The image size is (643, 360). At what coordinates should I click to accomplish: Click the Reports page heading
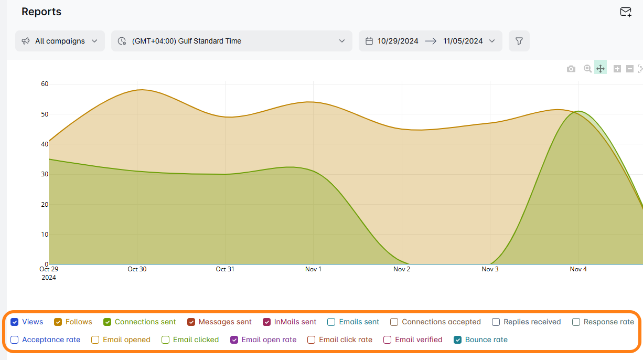41,12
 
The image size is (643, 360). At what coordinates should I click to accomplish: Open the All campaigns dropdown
60,41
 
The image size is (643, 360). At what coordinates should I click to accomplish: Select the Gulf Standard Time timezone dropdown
231,41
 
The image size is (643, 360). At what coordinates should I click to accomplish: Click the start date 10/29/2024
398,41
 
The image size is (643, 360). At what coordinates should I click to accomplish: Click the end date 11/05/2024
463,41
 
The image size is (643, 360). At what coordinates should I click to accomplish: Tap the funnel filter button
519,41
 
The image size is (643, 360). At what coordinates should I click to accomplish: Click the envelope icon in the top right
626,12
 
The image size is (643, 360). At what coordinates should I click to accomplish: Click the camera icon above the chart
571,69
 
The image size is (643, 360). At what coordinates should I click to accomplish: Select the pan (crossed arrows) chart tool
601,69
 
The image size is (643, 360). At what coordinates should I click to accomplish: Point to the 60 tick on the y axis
45,84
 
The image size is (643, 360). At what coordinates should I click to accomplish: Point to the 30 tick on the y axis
45,174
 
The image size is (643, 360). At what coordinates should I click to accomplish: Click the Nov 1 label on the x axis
313,269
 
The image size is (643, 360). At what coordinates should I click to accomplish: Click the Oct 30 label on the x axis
137,269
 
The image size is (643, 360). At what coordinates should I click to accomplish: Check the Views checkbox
15,322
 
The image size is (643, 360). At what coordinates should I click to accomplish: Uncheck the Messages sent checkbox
191,322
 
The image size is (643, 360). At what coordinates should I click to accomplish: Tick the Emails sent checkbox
331,322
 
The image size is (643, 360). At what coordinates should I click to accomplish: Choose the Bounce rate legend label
486,340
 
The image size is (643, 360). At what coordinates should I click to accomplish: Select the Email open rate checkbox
234,340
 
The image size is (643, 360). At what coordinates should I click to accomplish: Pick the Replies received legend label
532,322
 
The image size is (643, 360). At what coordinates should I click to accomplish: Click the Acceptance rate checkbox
15,340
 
